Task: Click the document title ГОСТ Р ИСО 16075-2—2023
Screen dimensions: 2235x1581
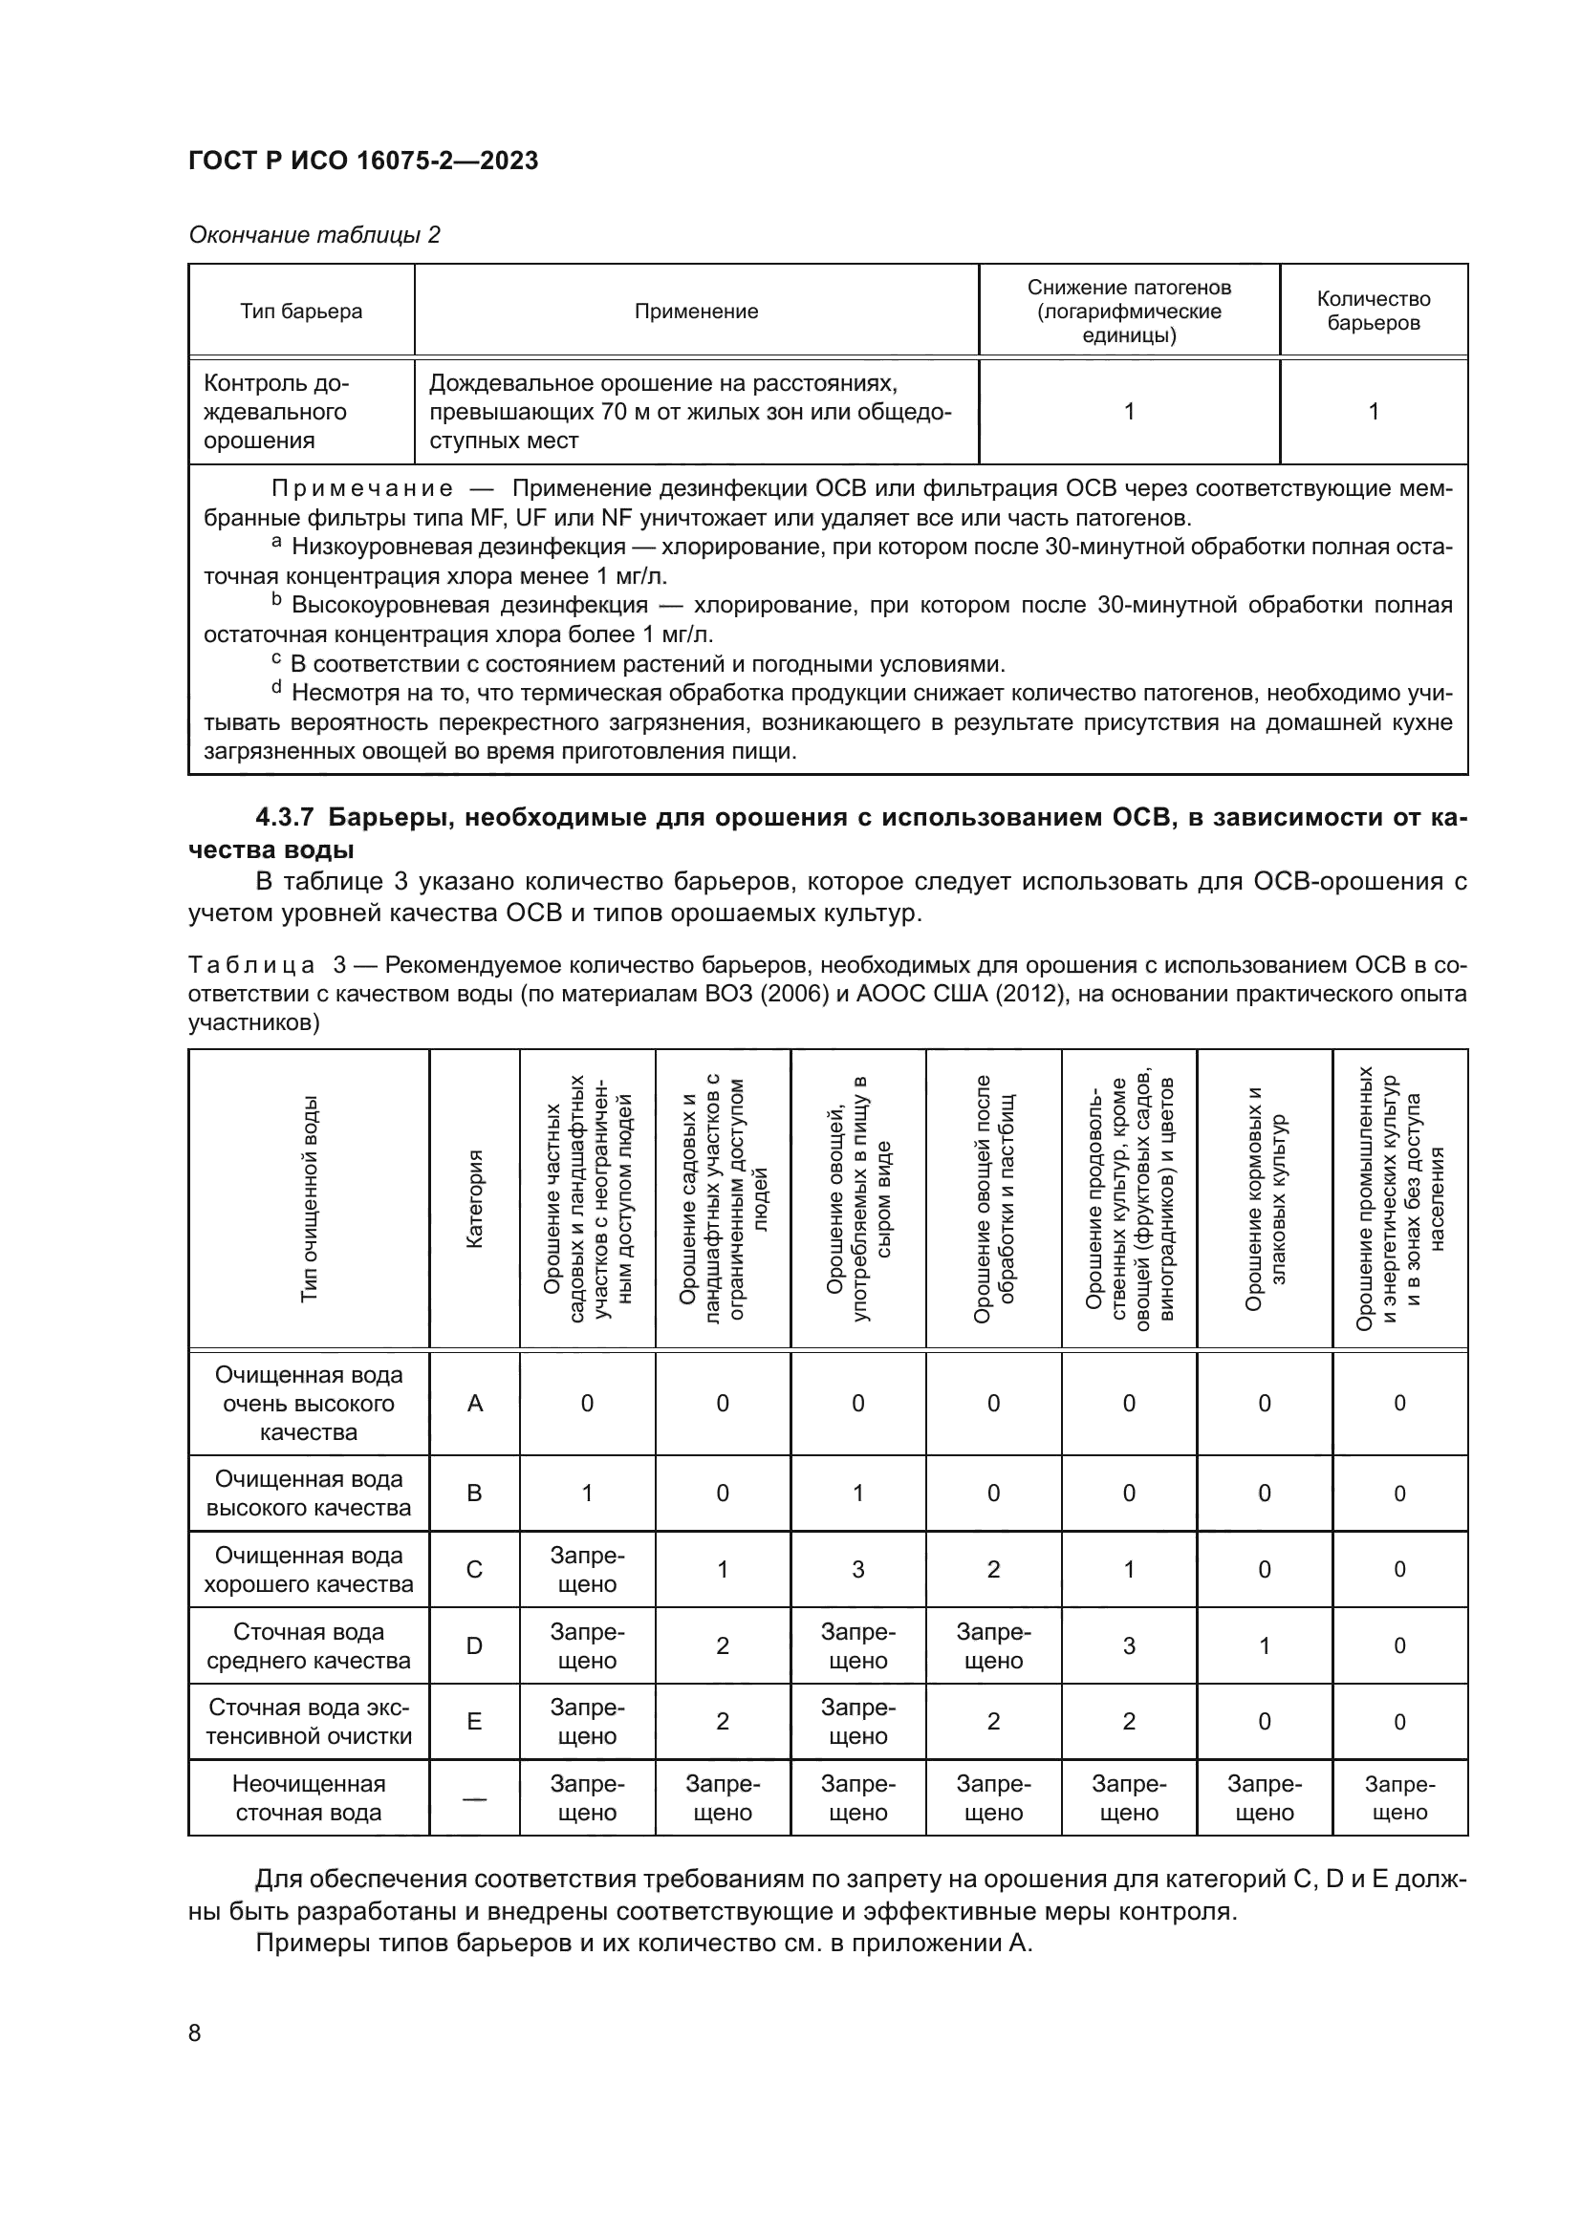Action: click(363, 161)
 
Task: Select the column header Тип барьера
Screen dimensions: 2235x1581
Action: click(301, 312)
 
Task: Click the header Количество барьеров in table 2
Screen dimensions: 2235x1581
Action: click(1373, 311)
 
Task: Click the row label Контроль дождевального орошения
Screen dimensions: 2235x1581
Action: click(276, 412)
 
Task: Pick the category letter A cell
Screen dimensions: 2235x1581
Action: click(475, 1403)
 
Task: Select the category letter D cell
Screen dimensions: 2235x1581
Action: click(475, 1645)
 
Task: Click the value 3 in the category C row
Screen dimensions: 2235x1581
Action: click(857, 1569)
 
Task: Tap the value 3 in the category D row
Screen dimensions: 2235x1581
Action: click(1128, 1645)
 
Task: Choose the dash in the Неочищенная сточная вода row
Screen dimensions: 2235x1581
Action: click(475, 1798)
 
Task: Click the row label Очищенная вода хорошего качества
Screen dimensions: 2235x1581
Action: click(309, 1569)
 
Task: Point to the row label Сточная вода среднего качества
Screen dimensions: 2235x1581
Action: click(309, 1645)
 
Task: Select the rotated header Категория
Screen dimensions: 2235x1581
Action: click(475, 1198)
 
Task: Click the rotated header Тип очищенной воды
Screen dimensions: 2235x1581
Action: click(310, 1198)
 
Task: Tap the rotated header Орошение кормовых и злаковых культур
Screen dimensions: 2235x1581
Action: click(1265, 1198)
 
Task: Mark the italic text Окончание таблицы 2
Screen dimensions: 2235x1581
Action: click(314, 235)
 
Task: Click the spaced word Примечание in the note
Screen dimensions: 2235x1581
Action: click(361, 488)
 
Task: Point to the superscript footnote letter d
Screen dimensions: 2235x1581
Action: click(276, 688)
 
